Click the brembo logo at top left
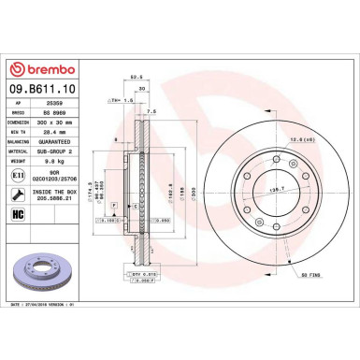tap(49, 70)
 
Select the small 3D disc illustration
tap(48, 276)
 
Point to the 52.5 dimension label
tap(136, 78)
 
